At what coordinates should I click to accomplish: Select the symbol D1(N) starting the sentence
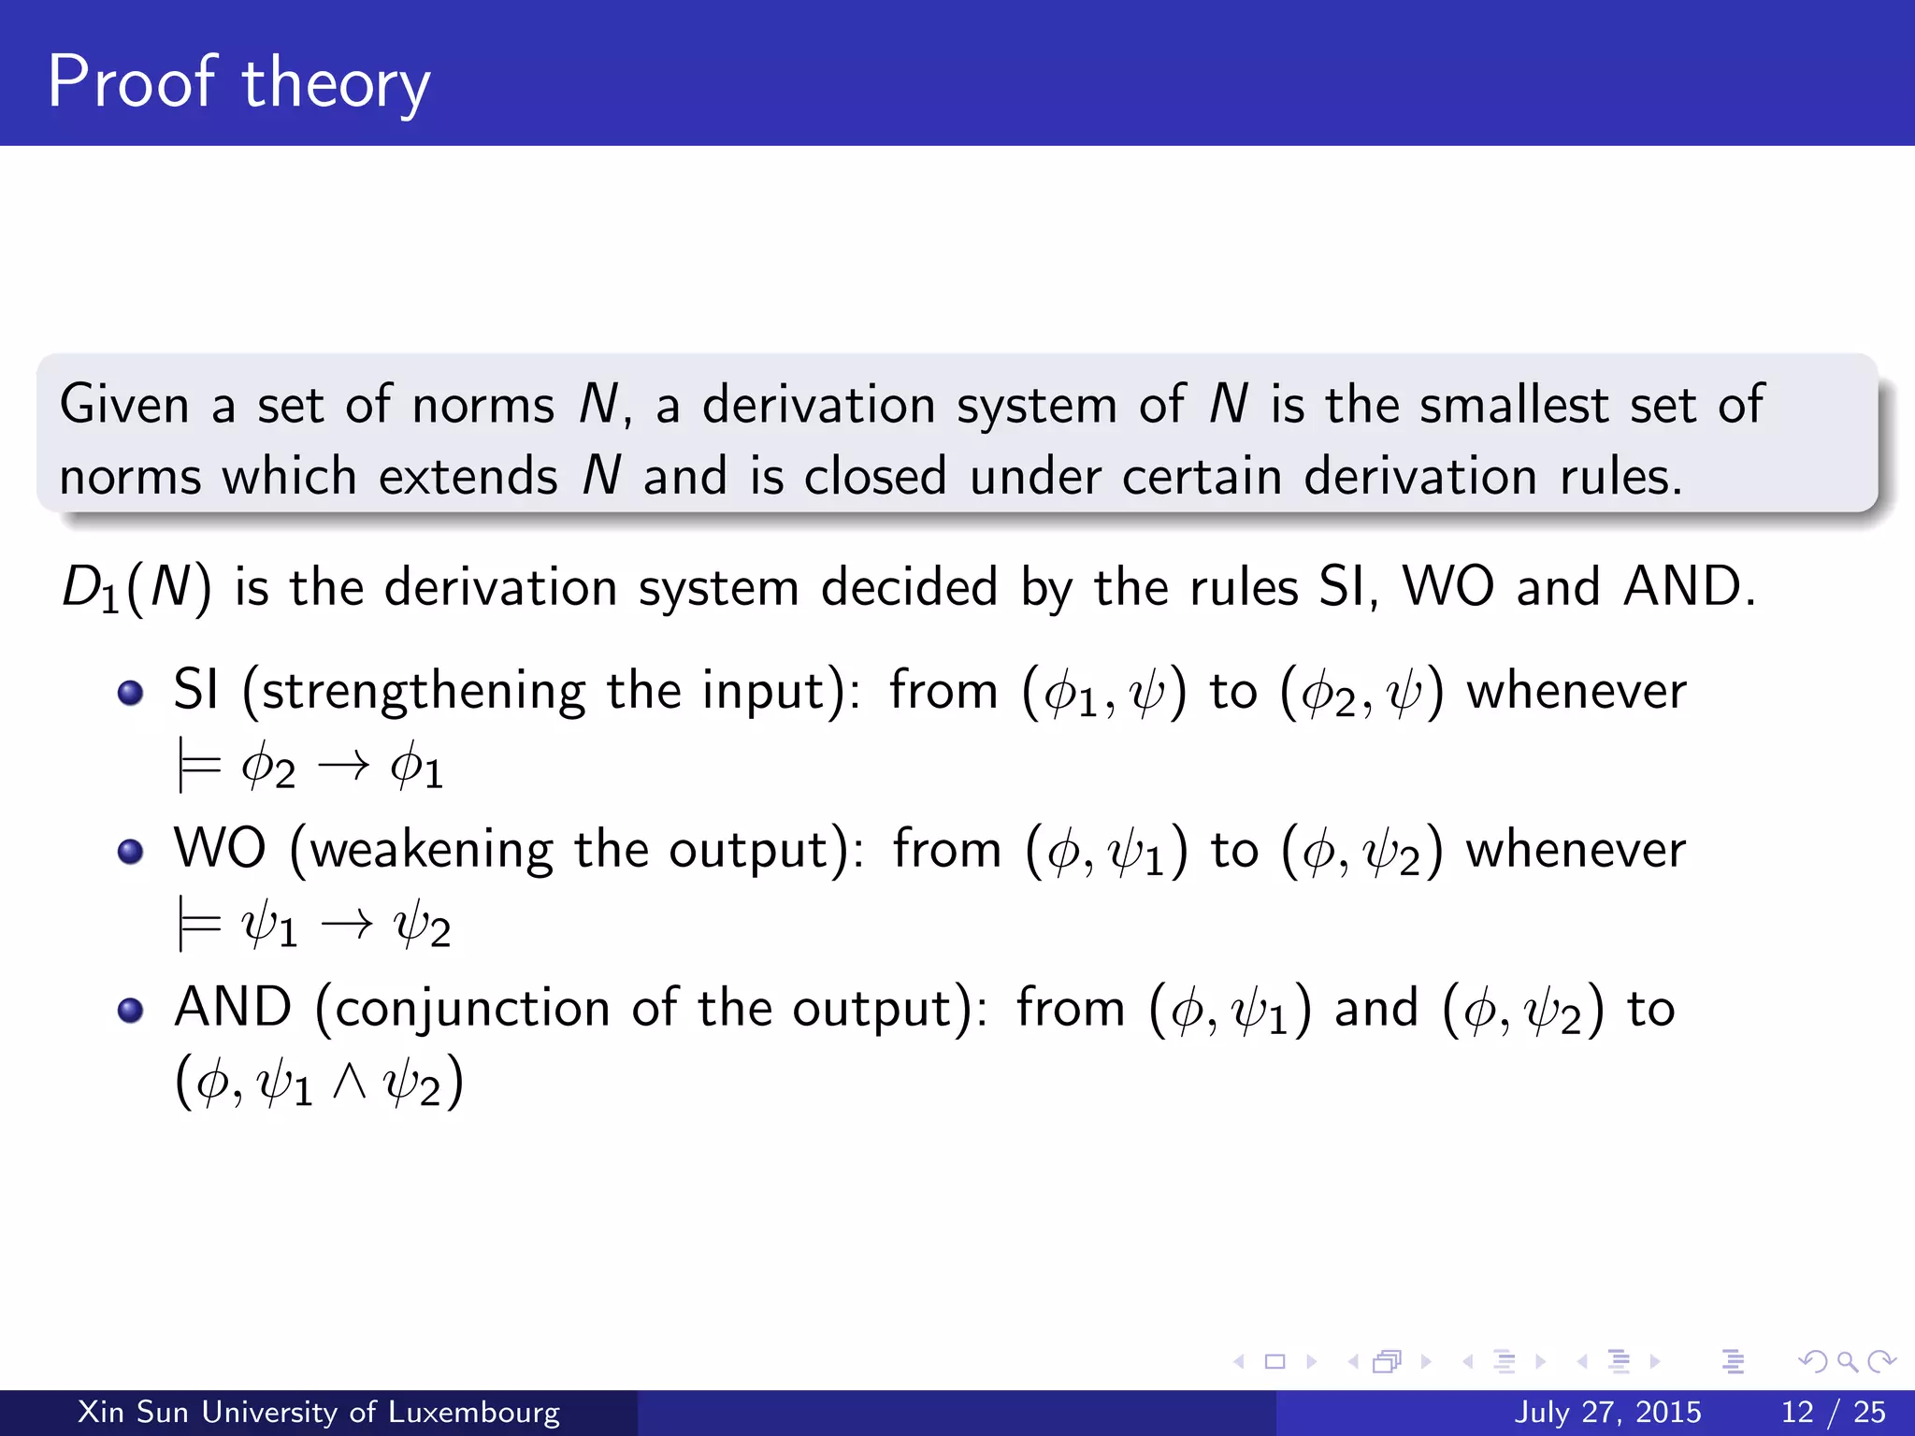137,589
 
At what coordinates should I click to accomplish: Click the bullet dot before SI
131,693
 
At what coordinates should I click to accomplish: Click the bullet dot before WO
131,852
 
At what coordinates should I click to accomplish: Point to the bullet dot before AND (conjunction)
131,1011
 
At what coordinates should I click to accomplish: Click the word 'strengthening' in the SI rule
423,693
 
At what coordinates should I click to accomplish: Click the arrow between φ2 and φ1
343,768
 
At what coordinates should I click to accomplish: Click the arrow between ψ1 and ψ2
346,926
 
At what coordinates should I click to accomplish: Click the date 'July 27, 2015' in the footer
1607,1412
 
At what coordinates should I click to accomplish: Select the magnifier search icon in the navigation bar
1847,1362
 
